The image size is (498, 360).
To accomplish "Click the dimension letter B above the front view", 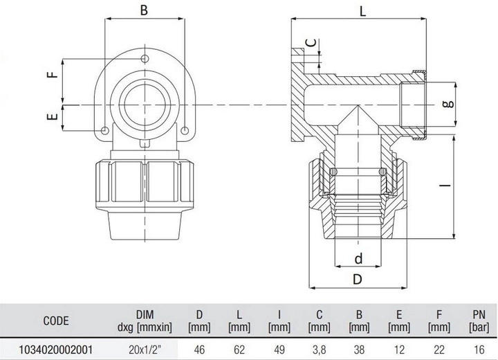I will [x=144, y=11].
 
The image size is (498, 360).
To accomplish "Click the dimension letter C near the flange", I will [x=314, y=42].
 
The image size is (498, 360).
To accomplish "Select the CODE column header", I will [x=55, y=321].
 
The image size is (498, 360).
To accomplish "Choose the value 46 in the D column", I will [x=199, y=350].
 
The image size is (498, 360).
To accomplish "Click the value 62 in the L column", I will [x=239, y=350].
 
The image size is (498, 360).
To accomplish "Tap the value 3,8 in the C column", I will [x=319, y=350].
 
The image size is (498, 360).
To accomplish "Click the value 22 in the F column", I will [x=437, y=350].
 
